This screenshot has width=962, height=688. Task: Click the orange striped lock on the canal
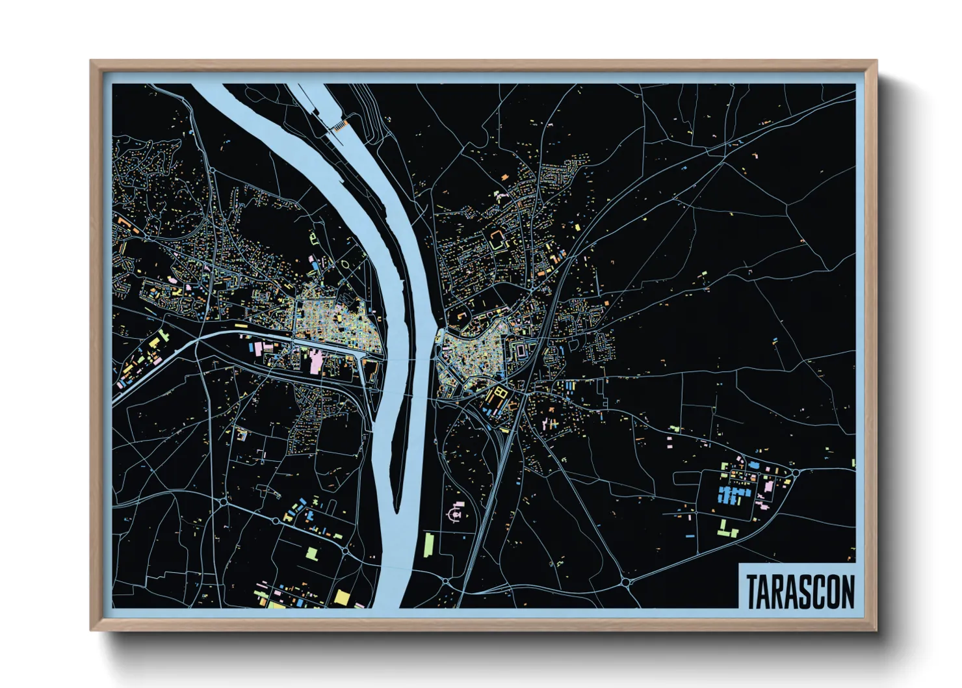coord(339,124)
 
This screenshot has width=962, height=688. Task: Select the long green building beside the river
coord(428,544)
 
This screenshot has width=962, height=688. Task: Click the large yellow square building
coord(342,597)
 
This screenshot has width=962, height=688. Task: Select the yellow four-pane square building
coord(500,392)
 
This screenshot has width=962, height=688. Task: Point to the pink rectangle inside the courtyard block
coord(522,351)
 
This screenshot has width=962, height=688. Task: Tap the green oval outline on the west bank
coord(344,264)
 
